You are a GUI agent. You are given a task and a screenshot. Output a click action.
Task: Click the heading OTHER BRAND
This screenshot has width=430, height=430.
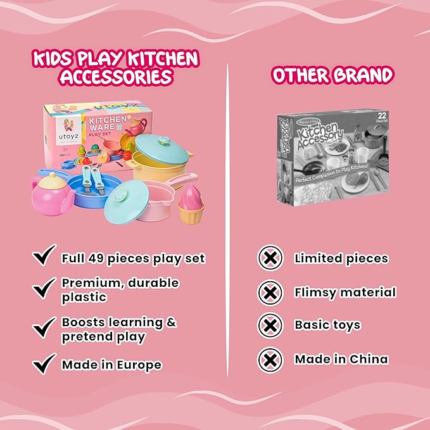pos(332,75)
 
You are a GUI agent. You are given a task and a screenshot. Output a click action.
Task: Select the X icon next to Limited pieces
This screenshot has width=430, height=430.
pos(270,258)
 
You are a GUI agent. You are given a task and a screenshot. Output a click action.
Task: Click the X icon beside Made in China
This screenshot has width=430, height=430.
pos(270,359)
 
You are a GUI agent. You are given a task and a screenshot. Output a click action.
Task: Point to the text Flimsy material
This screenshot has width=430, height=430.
pos(345,293)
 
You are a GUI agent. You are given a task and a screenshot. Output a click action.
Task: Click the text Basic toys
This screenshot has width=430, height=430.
pos(327,326)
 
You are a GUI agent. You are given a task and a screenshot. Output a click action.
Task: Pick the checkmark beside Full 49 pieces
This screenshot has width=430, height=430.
pos(44,257)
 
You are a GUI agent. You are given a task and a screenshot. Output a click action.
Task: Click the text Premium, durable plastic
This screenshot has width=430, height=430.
pos(120,289)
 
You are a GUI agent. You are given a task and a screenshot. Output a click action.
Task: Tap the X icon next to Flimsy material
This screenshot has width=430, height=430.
pos(270,293)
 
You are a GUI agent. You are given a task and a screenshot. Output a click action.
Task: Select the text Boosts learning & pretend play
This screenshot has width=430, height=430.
pos(118,329)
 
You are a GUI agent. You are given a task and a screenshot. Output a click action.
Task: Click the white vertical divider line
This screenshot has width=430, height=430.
pos(227,222)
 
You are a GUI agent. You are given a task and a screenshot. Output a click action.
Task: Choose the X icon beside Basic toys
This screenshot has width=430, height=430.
pos(270,326)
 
